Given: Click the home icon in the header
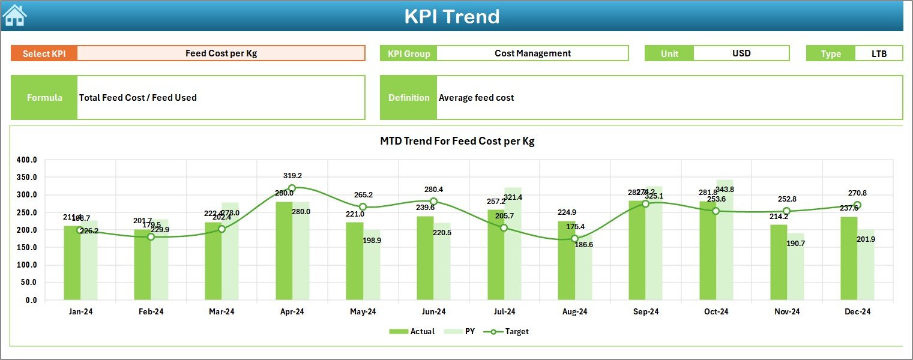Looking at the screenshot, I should click(14, 15).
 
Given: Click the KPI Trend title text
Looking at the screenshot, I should click(451, 16).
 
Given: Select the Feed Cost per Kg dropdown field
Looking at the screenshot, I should click(221, 53).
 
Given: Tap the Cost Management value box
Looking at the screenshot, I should click(532, 53).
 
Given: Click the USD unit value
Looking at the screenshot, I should click(741, 53).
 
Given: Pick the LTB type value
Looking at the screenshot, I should click(879, 53).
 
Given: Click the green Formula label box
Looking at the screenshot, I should click(44, 98).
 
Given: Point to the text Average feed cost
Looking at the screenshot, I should click(476, 98).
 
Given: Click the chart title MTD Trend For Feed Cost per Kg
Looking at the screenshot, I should click(457, 142).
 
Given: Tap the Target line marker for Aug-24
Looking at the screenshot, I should click(574, 239).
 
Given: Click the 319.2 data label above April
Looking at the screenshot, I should click(292, 176).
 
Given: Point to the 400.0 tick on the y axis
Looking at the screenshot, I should click(27, 160).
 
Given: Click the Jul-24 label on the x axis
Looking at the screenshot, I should click(504, 312).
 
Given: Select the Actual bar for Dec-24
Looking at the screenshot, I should click(849, 258).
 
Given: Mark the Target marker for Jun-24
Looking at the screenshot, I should click(433, 202).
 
